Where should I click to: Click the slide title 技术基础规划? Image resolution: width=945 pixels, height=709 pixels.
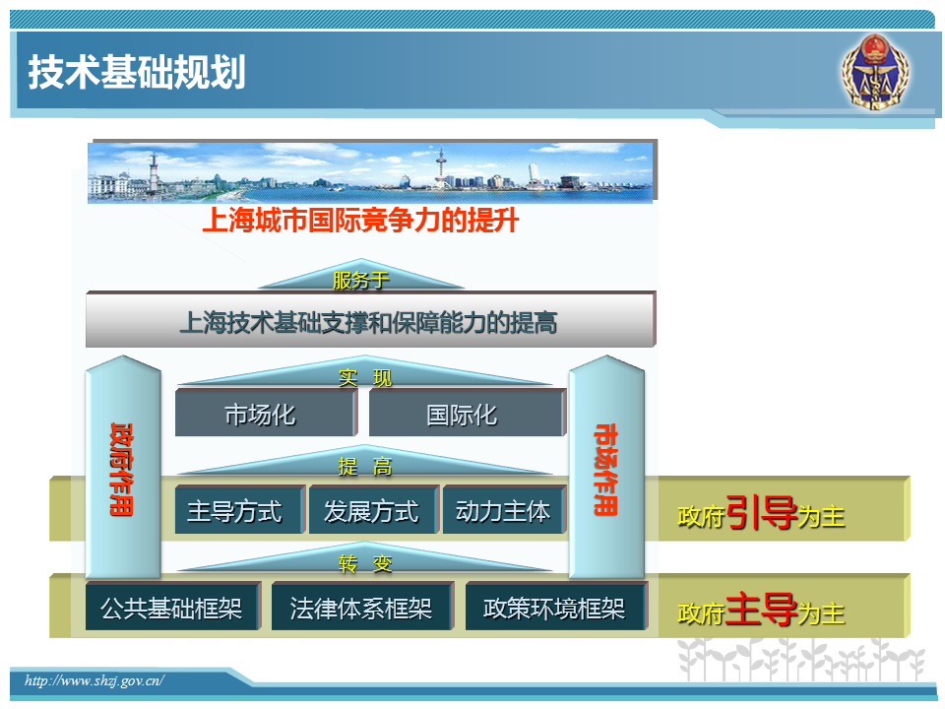[x=137, y=72]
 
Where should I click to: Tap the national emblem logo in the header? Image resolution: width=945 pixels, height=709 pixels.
[x=875, y=72]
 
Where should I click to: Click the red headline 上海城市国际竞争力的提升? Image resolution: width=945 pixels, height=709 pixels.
[x=360, y=220]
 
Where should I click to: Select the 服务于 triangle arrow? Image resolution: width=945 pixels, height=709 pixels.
[x=361, y=275]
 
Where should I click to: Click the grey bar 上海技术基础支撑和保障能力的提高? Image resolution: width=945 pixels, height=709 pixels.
[x=371, y=320]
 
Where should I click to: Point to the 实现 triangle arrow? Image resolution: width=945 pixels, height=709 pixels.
[x=365, y=371]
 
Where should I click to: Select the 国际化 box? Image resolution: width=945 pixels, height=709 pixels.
[x=467, y=413]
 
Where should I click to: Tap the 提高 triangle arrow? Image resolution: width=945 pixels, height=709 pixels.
[x=365, y=461]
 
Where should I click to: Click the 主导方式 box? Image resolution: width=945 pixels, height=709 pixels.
[x=240, y=510]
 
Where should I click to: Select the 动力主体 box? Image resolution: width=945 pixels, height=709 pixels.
[x=505, y=510]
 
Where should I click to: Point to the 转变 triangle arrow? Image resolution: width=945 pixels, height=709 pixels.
[x=365, y=557]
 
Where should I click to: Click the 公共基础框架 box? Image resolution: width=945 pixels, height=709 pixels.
[x=173, y=607]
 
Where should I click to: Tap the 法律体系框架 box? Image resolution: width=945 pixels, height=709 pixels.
[x=362, y=607]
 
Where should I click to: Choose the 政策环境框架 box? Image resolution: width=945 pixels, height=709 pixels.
[x=556, y=607]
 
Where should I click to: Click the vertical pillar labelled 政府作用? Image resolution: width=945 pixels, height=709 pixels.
[x=123, y=467]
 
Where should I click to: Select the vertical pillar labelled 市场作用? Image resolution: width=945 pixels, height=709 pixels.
[x=606, y=467]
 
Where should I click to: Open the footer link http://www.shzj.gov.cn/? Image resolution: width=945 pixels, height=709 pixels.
[x=94, y=680]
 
